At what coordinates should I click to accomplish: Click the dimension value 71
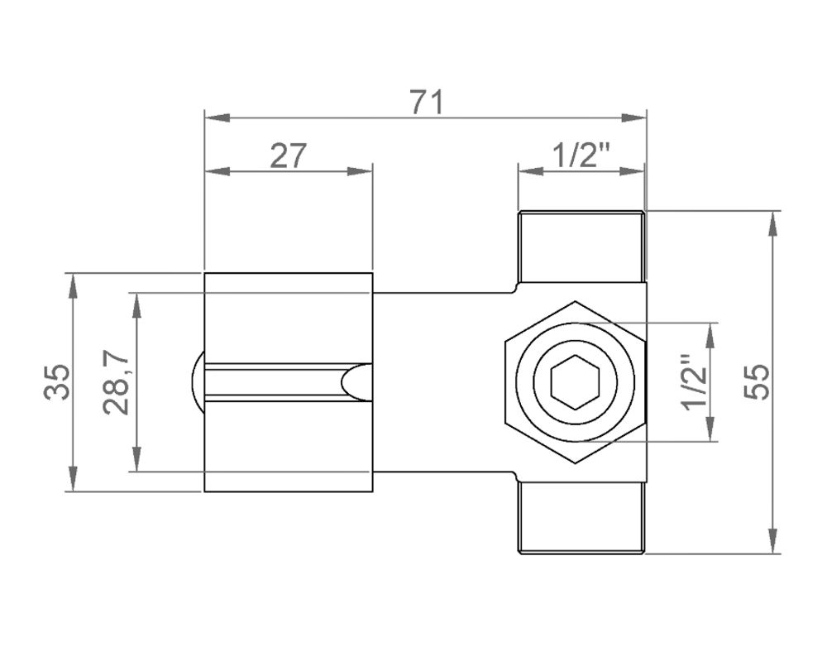428,103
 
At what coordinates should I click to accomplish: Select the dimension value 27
288,156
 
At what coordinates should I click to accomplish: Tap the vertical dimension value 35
57,382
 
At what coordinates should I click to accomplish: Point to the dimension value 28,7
117,382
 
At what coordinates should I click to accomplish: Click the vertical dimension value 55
758,382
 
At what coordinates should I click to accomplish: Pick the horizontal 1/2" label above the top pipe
581,156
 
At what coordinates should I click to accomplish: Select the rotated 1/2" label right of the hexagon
694,382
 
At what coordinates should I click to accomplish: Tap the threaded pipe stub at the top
581,247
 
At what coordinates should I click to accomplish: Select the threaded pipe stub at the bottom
581,517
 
